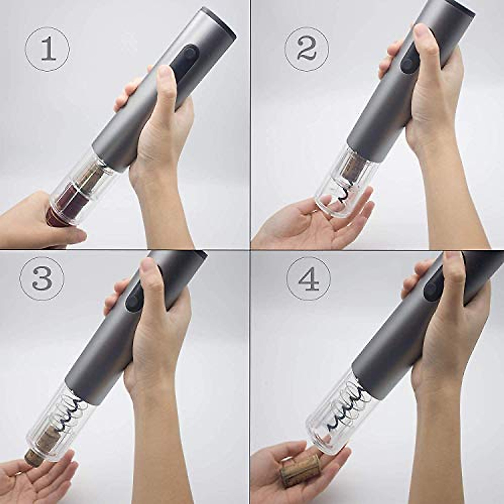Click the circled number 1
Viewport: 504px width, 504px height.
tap(47, 49)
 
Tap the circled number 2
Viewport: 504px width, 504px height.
tap(307, 49)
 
